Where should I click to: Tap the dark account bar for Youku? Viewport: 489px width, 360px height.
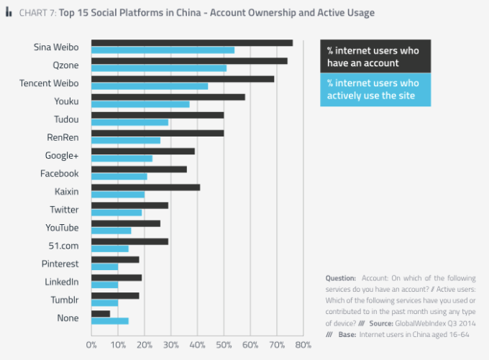[x=168, y=96]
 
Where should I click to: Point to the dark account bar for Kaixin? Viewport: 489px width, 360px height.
[x=145, y=187]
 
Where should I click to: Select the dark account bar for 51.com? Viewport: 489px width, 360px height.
[x=129, y=241]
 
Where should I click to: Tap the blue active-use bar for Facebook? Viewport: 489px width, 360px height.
[x=119, y=176]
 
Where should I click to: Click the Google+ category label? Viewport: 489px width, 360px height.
[x=61, y=155]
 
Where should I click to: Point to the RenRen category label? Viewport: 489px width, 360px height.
[x=63, y=137]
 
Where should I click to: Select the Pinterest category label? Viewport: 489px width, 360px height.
[x=60, y=263]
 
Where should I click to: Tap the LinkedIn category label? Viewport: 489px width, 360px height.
[x=61, y=282]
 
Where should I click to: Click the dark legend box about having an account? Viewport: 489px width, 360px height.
[x=375, y=57]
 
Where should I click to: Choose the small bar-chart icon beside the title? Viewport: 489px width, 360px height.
[x=9, y=13]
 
